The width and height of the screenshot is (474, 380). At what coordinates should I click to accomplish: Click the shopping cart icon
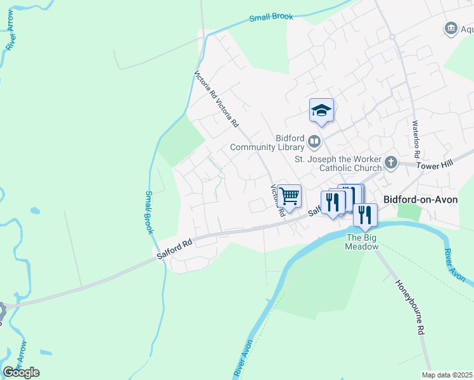[289, 196]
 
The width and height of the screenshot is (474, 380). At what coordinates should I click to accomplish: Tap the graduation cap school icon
[321, 110]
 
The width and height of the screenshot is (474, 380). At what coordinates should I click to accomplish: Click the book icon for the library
[315, 140]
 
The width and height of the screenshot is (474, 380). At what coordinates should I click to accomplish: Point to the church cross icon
[391, 162]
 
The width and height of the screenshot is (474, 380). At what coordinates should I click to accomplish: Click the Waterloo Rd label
[416, 139]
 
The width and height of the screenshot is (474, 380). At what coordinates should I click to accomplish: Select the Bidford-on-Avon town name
[421, 199]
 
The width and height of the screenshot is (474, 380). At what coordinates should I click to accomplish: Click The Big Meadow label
[361, 242]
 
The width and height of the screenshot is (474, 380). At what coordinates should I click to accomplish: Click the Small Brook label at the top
[271, 17]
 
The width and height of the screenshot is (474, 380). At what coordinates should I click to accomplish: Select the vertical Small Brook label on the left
[149, 212]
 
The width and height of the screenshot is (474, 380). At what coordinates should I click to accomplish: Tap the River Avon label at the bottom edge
[243, 359]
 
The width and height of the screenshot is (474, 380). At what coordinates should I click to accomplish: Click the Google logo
[21, 372]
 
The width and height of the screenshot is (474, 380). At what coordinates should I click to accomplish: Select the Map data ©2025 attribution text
[447, 376]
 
